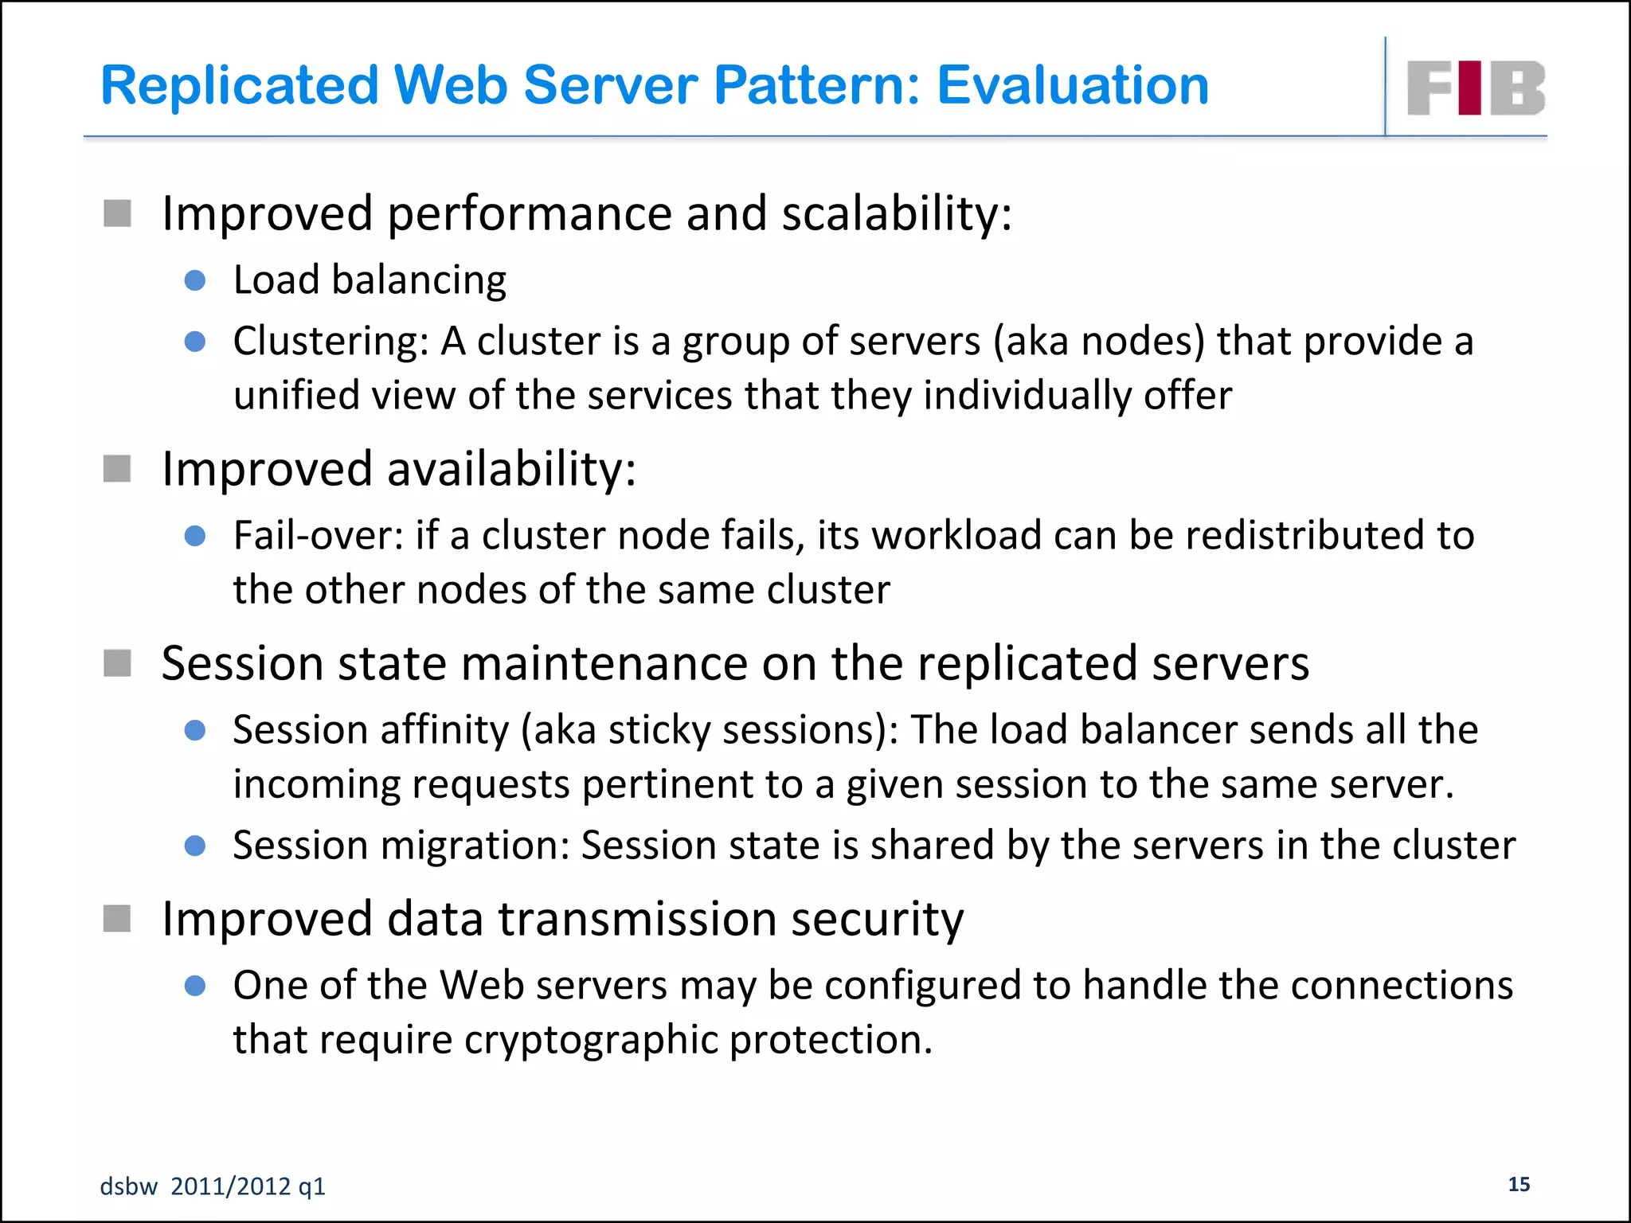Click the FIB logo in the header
(1476, 88)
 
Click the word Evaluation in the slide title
(1073, 85)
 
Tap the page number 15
(1519, 1184)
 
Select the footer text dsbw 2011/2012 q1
(213, 1186)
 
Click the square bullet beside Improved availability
(117, 468)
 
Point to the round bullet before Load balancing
(195, 280)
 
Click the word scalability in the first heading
(896, 213)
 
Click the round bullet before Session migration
(195, 846)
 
